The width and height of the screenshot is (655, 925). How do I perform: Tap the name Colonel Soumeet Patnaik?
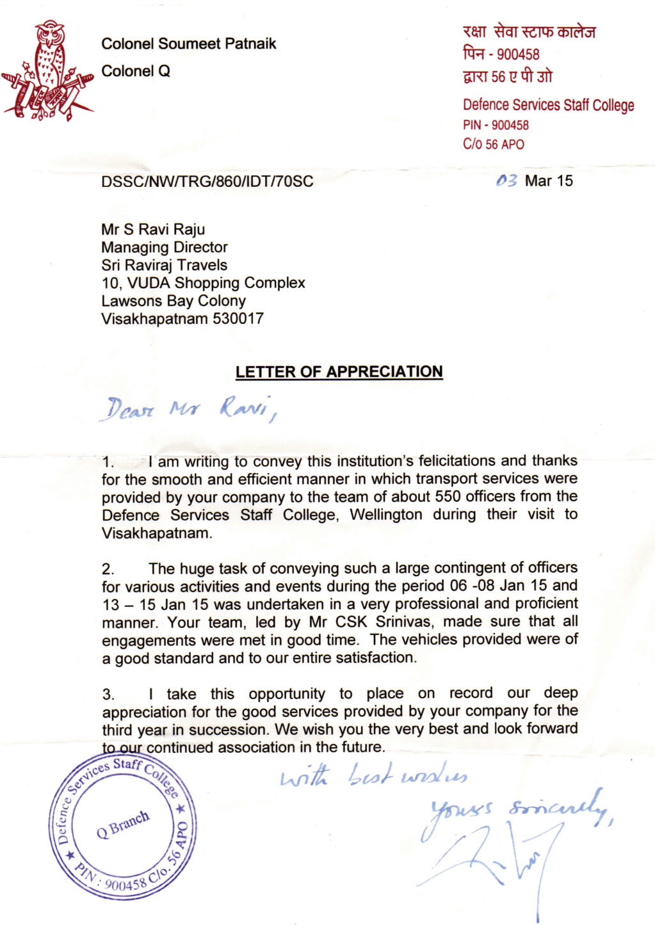coord(188,44)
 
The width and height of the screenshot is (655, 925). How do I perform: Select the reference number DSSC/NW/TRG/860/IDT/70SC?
coord(207,181)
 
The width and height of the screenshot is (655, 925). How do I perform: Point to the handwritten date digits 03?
coord(506,181)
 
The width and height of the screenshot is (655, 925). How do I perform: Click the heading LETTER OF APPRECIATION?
coord(339,372)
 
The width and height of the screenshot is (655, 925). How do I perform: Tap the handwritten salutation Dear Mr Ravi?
coord(190,408)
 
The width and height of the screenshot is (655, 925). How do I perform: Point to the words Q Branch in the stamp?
coord(123,824)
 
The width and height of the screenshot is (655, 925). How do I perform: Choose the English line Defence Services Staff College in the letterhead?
coord(548,105)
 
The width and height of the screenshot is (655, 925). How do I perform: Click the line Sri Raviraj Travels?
coord(164,265)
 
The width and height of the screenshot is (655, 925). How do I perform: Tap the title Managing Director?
coord(164,247)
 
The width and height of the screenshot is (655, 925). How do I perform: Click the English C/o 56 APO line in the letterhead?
coord(493,144)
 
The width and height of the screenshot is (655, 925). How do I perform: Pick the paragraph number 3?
coord(108,695)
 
